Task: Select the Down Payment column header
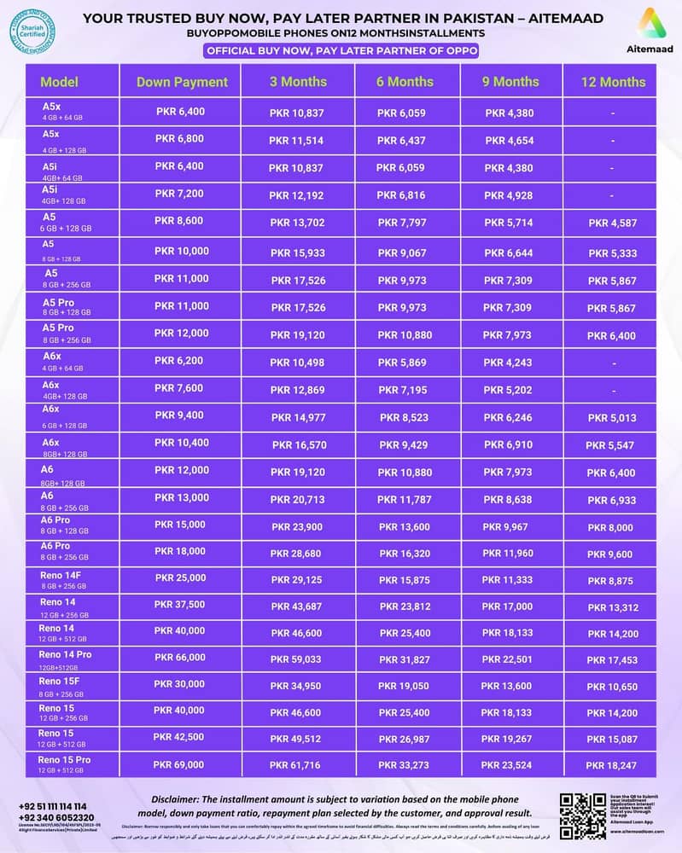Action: (182, 82)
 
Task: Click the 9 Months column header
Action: (510, 82)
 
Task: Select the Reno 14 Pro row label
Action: (66, 654)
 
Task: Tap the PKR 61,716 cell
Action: (295, 763)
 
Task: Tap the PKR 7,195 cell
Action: (401, 390)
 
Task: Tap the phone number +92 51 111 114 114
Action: (52, 806)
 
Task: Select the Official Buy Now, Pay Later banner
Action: (341, 50)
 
